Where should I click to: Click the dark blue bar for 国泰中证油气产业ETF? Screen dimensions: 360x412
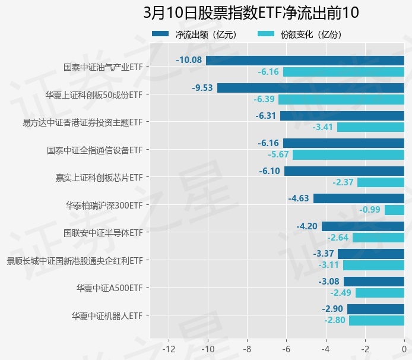pyautogui.click(x=305, y=60)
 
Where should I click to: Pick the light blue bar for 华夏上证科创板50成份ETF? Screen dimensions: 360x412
pyautogui.click(x=341, y=99)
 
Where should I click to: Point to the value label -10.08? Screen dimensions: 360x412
pyautogui.click(x=189, y=60)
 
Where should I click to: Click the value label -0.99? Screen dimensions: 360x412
pyautogui.click(x=370, y=210)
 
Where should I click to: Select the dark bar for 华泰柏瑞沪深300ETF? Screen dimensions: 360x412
pyautogui.click(x=359, y=198)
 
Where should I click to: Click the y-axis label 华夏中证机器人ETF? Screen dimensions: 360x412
pyautogui.click(x=107, y=315)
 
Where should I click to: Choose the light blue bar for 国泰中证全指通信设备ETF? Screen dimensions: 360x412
pyautogui.click(x=348, y=154)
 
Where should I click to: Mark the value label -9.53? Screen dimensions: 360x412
pyautogui.click(x=202, y=88)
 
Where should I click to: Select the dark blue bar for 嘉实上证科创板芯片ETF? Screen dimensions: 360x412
pyautogui.click(x=344, y=171)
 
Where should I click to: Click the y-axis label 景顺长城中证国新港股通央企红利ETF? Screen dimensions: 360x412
pyautogui.click(x=74, y=260)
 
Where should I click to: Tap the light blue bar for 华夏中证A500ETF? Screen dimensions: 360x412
pyautogui.click(x=379, y=293)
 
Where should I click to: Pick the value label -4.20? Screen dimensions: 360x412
pyautogui.click(x=307, y=226)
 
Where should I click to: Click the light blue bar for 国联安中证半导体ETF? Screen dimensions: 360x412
pyautogui.click(x=378, y=238)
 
